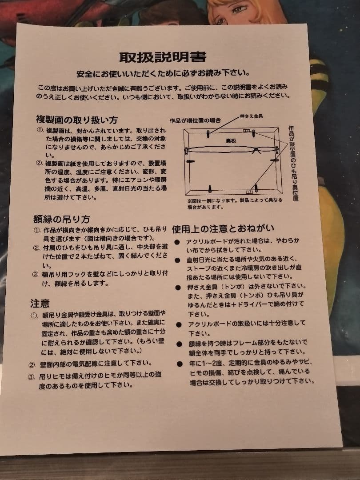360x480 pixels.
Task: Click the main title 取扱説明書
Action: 163,57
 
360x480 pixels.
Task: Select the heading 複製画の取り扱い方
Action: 77,120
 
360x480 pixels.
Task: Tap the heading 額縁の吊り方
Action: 62,219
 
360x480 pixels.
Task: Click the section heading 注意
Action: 40,304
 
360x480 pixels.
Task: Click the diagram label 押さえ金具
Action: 252,116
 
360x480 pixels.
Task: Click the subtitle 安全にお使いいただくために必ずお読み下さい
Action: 163,73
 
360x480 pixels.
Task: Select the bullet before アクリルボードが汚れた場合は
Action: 177,242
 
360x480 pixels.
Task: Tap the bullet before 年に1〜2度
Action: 179,364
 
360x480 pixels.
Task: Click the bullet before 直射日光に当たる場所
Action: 177,260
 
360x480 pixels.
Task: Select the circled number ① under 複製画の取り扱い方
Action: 39,132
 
